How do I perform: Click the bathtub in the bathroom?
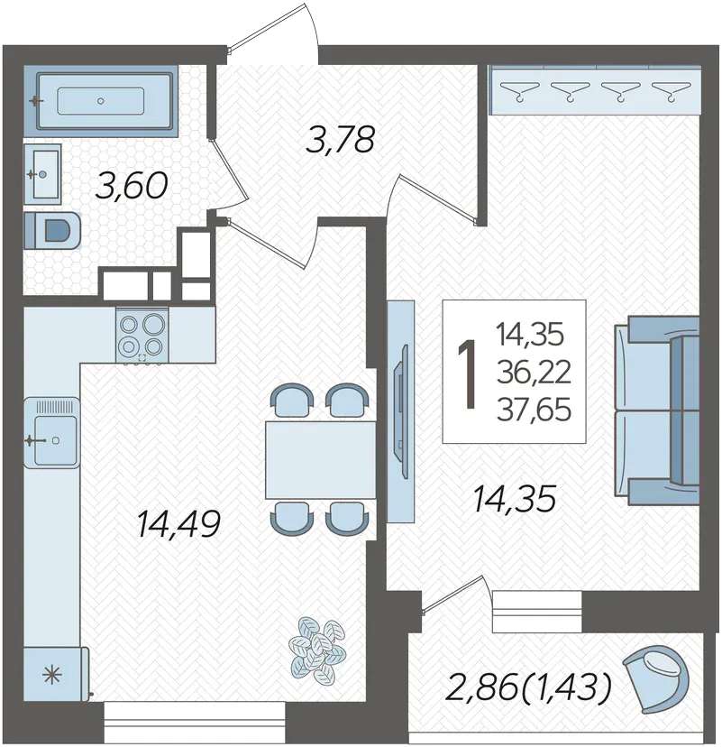pos(100,101)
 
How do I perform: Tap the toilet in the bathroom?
pos(52,230)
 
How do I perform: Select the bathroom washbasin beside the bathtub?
pos(42,174)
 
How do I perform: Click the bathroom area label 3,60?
pos(132,186)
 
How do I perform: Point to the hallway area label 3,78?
pos(341,139)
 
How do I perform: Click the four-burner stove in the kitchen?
pos(142,335)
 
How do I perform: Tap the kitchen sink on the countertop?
pos(52,432)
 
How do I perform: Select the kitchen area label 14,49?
pos(178,523)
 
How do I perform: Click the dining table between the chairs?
pos(321,460)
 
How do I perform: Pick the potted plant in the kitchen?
pos(316,647)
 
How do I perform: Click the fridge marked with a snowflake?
pos(55,674)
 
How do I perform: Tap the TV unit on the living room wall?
pos(400,411)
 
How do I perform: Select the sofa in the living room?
pos(657,410)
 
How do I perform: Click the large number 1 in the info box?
pos(468,374)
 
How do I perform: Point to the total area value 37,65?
pos(534,410)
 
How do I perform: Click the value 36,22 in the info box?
pos(534,372)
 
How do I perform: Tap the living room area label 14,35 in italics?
pos(514,499)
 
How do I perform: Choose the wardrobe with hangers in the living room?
pos(596,89)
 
